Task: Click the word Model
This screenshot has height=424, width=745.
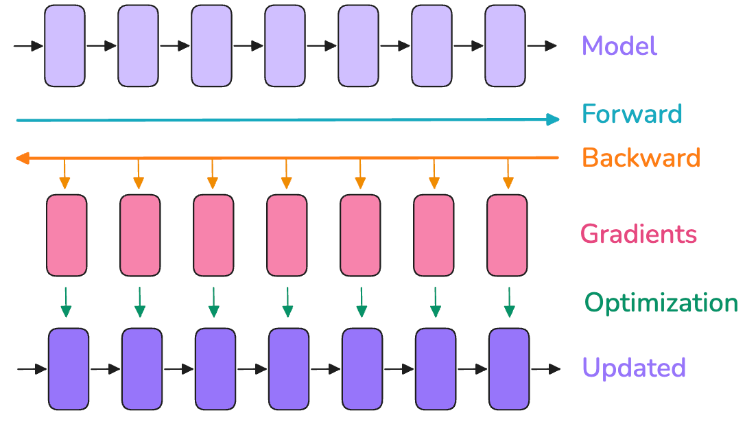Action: point(619,47)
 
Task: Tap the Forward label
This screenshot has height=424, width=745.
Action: point(632,113)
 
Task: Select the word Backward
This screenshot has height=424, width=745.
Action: point(641,158)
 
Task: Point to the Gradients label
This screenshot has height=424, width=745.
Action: point(639,234)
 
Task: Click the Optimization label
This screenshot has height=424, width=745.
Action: point(661,303)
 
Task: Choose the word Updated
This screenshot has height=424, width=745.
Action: point(634,368)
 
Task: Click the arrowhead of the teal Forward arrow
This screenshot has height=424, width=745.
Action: point(553,120)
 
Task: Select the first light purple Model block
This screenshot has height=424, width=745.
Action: point(65,46)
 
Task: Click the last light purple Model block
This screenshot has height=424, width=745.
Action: point(505,46)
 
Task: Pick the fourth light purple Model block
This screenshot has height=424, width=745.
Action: point(285,46)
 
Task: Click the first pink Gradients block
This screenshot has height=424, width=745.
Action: point(67,235)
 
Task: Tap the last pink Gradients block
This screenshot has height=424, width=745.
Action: point(507,235)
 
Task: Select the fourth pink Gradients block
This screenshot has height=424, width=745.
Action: point(287,235)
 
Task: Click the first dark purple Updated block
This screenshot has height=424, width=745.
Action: point(69,368)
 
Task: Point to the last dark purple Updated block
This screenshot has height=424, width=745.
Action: point(509,368)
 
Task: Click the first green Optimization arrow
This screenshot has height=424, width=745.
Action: point(66,302)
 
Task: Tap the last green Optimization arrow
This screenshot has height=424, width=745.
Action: point(509,302)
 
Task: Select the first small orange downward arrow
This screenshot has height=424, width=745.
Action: point(64,174)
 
